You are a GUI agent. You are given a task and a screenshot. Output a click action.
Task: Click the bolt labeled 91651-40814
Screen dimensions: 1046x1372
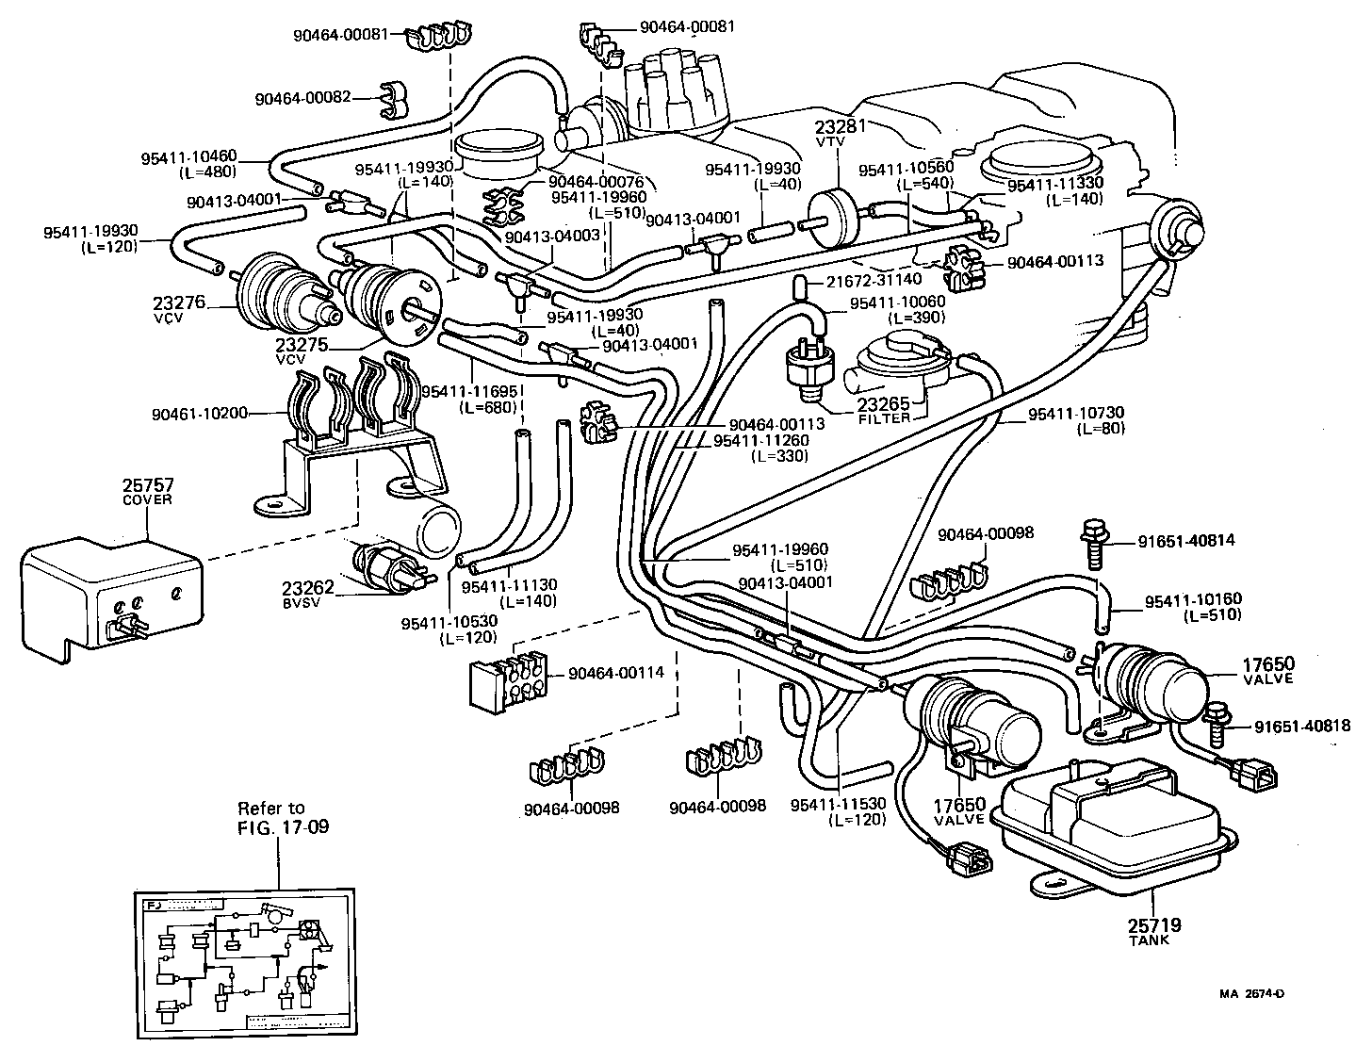coord(1094,544)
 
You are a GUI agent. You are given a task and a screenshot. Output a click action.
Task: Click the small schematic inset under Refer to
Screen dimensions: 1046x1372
coord(240,963)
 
